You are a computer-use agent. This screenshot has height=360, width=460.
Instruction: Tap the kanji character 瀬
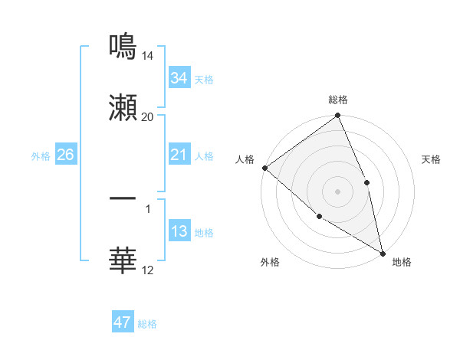click(x=123, y=107)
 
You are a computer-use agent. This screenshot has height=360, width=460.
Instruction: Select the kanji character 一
click(x=123, y=198)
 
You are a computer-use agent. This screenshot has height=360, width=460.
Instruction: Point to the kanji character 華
click(x=123, y=260)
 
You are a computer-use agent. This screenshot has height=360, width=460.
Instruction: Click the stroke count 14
click(x=148, y=56)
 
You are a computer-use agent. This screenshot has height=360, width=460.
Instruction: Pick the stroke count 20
click(x=148, y=117)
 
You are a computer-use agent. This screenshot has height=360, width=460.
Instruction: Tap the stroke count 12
click(x=148, y=270)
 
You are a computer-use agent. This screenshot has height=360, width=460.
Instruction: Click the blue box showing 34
click(x=179, y=78)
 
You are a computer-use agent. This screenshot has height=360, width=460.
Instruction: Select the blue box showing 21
click(x=179, y=155)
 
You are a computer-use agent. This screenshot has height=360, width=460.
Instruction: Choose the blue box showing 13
click(x=179, y=232)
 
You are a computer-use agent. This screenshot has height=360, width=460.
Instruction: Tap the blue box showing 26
click(x=65, y=155)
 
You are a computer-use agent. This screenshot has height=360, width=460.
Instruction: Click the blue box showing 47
click(x=123, y=322)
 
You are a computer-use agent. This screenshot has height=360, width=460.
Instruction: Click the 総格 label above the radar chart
click(x=338, y=100)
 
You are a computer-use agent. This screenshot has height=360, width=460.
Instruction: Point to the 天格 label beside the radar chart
click(x=431, y=159)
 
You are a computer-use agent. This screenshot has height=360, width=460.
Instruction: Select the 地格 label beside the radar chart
click(x=402, y=262)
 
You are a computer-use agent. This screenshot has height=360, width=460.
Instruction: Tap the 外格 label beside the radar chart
click(x=270, y=262)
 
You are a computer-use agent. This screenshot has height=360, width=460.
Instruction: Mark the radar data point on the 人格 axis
click(x=264, y=168)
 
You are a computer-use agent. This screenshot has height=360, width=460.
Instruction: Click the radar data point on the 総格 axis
click(x=338, y=116)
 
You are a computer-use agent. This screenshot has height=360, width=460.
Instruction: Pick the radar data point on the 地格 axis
click(x=383, y=252)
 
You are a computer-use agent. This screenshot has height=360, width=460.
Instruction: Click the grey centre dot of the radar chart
click(x=338, y=191)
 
